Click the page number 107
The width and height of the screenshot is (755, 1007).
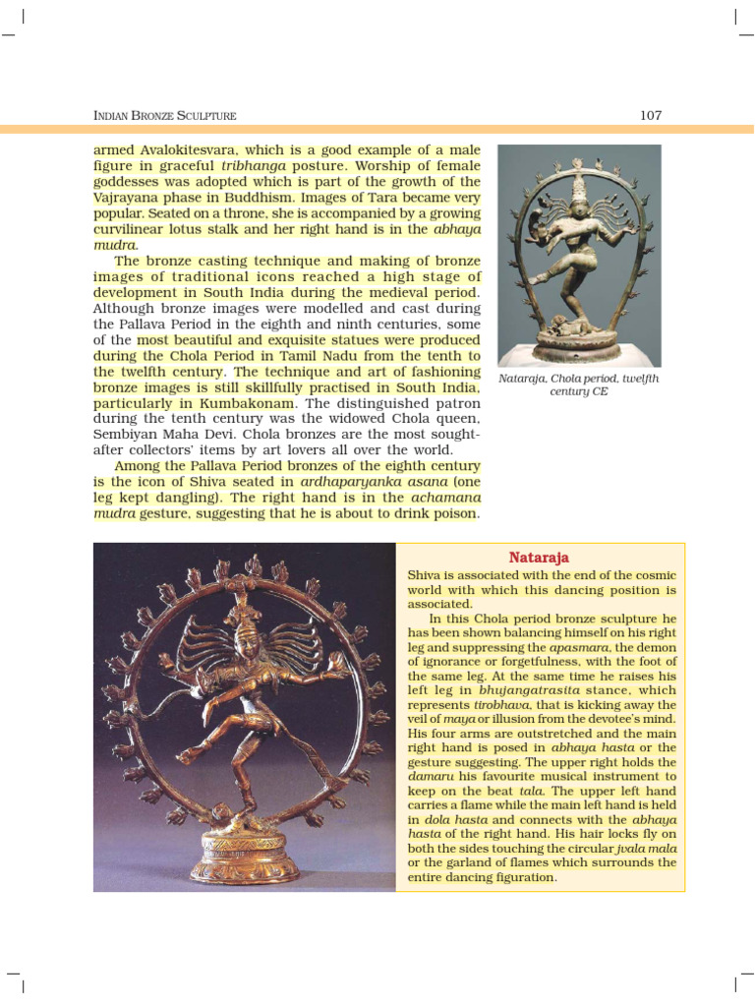(x=651, y=115)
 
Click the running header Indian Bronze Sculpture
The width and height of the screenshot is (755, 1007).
(x=165, y=116)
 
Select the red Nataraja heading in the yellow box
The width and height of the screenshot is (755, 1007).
(x=540, y=557)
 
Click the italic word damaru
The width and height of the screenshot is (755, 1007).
(x=429, y=777)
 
